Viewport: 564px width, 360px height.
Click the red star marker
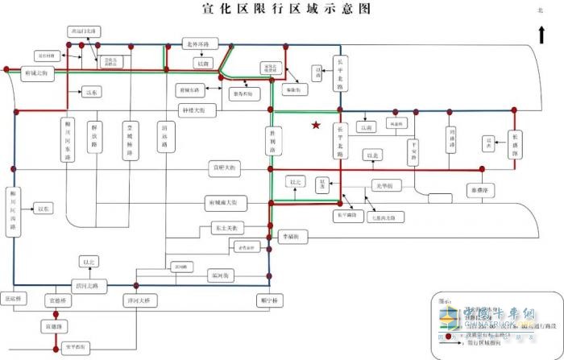(317, 126)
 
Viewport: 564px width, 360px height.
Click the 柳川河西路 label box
(14, 213)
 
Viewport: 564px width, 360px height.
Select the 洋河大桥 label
(137, 300)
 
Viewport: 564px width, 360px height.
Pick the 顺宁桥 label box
(268, 300)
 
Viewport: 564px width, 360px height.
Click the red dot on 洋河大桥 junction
(137, 284)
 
